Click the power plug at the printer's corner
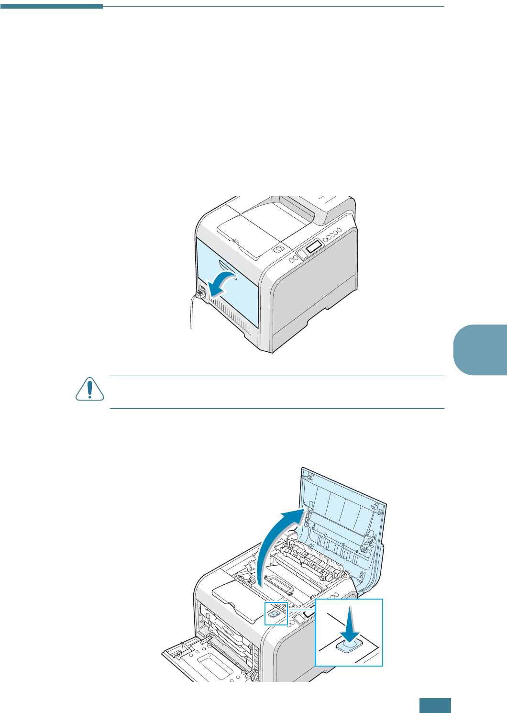pyautogui.click(x=200, y=292)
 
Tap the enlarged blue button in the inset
pyautogui.click(x=350, y=646)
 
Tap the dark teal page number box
pyautogui.click(x=435, y=705)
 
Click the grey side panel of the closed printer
pyautogui.click(x=313, y=292)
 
